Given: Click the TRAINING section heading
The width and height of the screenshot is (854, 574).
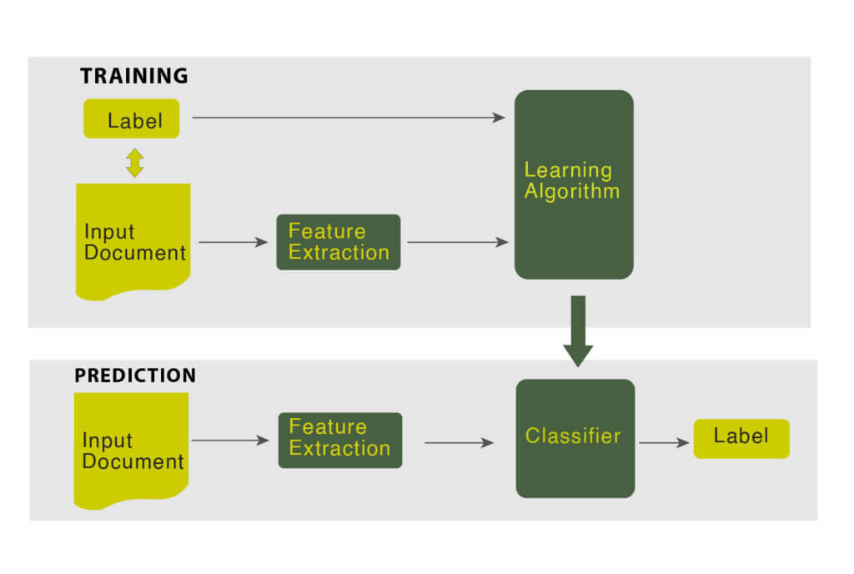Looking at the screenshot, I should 133,76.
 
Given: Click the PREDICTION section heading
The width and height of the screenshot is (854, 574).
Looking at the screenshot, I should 135,375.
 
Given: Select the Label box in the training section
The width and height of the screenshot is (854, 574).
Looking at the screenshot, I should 132,119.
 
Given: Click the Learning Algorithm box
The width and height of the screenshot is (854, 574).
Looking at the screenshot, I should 574,184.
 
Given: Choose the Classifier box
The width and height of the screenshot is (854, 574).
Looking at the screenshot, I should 575,438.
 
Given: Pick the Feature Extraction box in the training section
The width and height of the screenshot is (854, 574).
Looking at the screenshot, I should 339,242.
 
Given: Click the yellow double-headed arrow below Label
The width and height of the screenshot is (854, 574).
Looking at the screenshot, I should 134,162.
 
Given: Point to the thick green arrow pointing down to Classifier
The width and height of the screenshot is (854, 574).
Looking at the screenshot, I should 578,330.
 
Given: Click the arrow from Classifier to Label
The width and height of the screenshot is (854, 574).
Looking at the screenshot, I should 664,443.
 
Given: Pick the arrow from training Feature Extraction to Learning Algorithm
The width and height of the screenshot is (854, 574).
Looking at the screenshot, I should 457,243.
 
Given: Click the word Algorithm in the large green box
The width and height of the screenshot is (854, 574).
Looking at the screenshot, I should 572,191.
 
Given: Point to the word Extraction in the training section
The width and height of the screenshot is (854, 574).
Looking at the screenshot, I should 339,253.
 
